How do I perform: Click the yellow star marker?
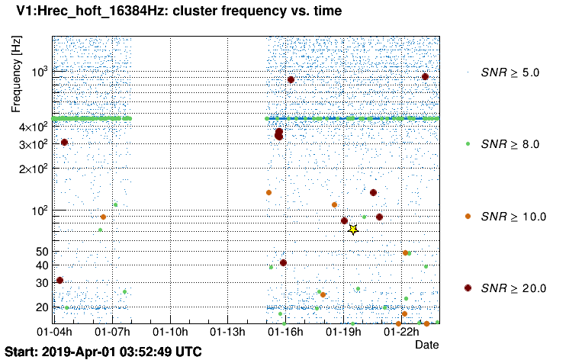point(352,230)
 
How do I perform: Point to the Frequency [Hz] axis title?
point(18,73)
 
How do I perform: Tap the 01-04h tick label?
point(56,333)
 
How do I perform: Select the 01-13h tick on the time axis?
point(228,333)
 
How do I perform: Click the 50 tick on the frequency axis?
point(42,252)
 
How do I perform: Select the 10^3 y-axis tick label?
point(39,71)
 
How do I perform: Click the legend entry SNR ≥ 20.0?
point(513,288)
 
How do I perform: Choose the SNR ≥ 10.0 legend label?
point(513,217)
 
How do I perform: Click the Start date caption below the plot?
point(104,352)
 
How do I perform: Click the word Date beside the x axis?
point(426,345)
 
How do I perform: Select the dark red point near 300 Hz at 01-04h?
point(65,143)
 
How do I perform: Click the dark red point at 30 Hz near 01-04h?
point(59,281)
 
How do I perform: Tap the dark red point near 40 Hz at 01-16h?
point(283,262)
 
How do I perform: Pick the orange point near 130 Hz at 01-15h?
point(268,193)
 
